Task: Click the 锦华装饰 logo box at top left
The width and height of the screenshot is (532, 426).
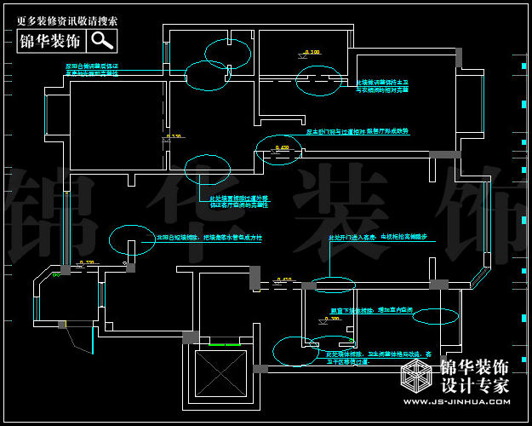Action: pos(51,41)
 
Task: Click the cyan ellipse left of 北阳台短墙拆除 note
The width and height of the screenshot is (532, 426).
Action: pos(133,237)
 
